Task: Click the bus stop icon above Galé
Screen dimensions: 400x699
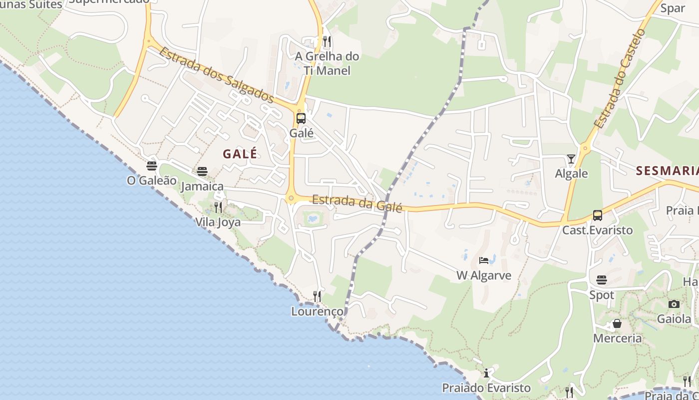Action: click(301, 118)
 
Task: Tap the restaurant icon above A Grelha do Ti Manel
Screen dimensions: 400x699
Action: click(327, 41)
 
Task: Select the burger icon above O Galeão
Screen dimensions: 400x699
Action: click(152, 165)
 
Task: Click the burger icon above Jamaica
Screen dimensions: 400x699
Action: click(202, 171)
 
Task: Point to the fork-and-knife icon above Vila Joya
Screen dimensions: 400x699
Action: click(218, 207)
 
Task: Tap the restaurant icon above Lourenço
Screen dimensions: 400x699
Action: click(317, 296)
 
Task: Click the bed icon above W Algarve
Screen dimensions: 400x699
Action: click(483, 260)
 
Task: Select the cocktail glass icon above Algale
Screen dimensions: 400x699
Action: click(571, 159)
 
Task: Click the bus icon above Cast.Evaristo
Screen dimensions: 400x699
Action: click(597, 215)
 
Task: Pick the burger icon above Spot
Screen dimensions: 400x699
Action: click(602, 279)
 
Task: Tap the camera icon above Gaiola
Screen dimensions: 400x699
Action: click(674, 304)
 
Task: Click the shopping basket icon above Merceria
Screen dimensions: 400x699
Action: click(617, 323)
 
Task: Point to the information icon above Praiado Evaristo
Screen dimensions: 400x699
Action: click(486, 373)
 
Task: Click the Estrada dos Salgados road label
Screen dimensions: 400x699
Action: click(217, 75)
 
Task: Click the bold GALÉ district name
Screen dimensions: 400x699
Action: click(240, 153)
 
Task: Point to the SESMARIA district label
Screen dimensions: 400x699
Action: click(667, 171)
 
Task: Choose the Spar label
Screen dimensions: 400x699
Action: click(673, 8)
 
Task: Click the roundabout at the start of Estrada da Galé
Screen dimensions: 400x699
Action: click(291, 198)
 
